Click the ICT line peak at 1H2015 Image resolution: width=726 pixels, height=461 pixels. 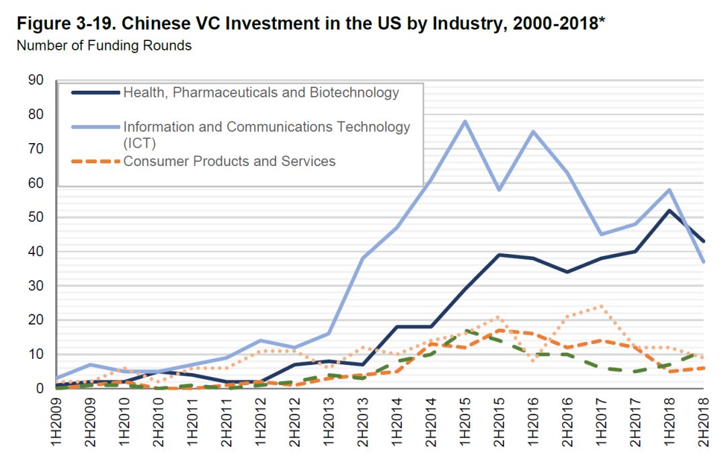tap(464, 122)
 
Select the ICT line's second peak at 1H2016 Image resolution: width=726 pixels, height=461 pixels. tap(532, 131)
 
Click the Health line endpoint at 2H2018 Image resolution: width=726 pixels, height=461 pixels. tap(703, 241)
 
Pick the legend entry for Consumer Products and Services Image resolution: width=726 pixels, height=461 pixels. tap(229, 161)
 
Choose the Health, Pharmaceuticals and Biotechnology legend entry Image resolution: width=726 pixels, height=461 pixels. tap(261, 93)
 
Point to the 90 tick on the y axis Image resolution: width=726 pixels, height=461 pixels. tap(35, 81)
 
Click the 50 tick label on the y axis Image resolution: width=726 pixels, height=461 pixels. tap(35, 217)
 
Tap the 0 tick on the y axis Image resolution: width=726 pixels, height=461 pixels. tap(39, 388)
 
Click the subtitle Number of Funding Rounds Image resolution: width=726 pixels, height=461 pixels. tap(104, 46)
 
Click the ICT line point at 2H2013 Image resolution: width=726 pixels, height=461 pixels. tap(362, 258)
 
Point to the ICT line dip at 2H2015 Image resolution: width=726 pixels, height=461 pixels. tap(498, 190)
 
